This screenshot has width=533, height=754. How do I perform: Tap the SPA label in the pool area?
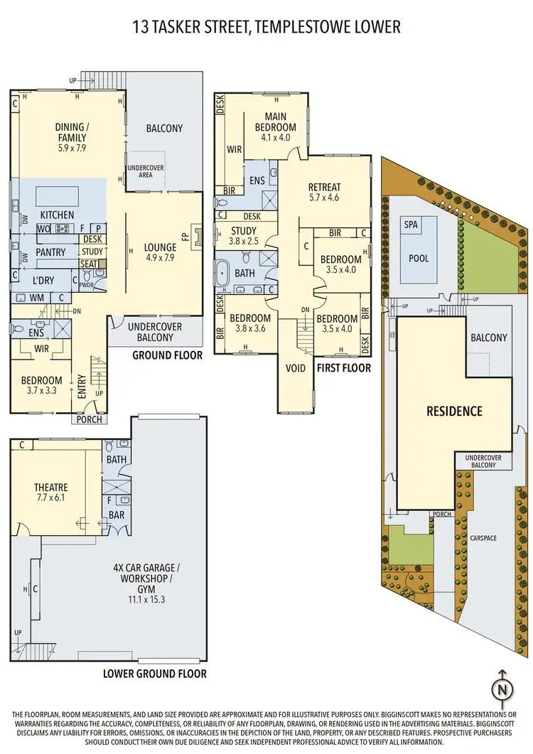coord(411,224)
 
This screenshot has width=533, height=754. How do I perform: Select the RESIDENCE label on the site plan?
coord(454,411)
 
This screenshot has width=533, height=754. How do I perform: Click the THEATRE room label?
coord(51,487)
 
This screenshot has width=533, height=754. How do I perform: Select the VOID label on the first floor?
coord(295,369)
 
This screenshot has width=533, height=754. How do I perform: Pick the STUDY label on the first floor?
coord(243,230)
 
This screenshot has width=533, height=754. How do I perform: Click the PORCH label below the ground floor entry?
coord(90,419)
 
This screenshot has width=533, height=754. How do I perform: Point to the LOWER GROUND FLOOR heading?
coord(155,673)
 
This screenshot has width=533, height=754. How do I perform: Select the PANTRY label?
coord(50,252)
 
